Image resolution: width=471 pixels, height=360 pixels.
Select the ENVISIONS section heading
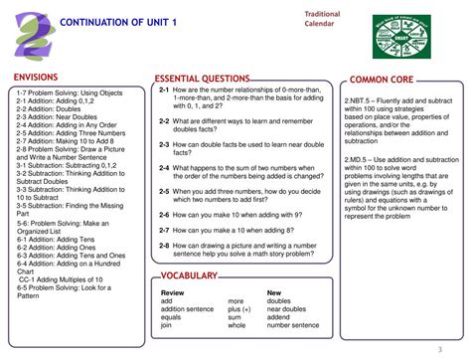coord(35,77)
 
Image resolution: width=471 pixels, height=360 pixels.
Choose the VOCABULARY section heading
coord(189,275)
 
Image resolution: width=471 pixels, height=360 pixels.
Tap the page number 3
coord(439,349)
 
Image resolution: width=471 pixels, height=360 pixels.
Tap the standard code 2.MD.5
coord(362,159)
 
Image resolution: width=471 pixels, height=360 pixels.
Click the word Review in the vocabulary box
coord(172,292)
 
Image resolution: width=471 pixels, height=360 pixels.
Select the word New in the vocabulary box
coord(274,292)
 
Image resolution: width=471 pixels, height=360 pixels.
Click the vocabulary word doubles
coord(279,300)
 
